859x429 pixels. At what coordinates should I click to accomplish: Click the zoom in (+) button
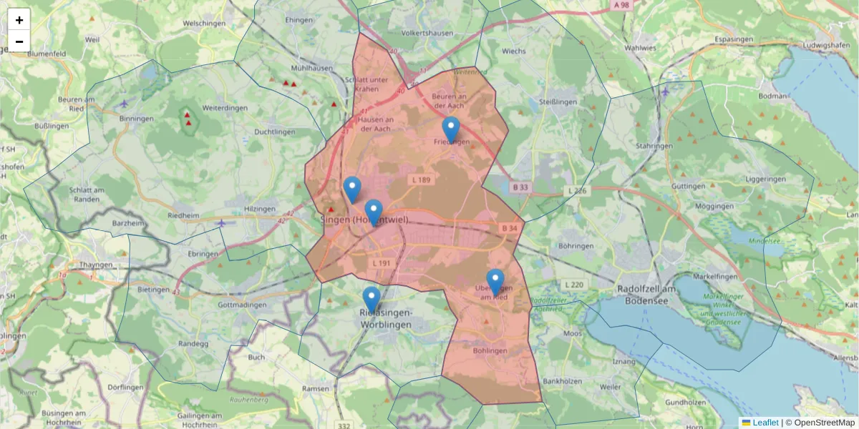(x=19, y=20)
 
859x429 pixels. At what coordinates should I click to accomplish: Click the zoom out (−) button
(x=19, y=41)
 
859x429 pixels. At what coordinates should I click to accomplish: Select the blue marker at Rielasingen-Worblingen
(x=371, y=300)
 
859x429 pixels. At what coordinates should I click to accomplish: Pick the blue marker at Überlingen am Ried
(x=495, y=282)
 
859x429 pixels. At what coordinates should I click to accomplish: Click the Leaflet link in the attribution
(x=765, y=423)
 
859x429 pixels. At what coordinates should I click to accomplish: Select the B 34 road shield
(x=509, y=227)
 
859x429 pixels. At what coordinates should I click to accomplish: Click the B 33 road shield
(x=520, y=187)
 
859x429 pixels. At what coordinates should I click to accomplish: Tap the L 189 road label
(x=421, y=179)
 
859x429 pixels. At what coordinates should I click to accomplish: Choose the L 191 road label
(x=382, y=263)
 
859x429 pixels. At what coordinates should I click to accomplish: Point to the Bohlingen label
(x=490, y=350)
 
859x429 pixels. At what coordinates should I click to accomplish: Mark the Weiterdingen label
(x=225, y=107)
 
